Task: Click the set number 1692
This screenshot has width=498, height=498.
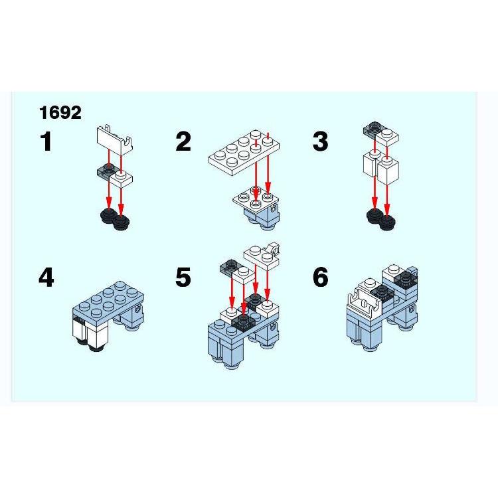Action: click(x=60, y=113)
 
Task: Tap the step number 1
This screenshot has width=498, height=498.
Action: click(x=46, y=141)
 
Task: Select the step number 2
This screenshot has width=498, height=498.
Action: click(x=183, y=141)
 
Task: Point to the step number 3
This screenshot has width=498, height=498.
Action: click(x=320, y=141)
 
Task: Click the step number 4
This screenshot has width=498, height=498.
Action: click(x=46, y=278)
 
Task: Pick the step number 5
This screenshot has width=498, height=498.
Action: click(x=183, y=278)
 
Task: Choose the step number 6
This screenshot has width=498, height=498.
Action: click(x=320, y=278)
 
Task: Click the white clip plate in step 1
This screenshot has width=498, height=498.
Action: click(x=114, y=139)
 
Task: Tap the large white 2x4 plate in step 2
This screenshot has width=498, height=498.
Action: click(x=244, y=152)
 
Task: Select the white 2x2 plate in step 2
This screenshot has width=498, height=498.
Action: click(x=256, y=199)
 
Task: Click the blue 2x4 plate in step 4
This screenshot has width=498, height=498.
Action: click(x=108, y=300)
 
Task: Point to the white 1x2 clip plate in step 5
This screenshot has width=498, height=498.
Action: click(x=262, y=256)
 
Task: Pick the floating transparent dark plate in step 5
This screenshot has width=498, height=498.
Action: click(x=230, y=267)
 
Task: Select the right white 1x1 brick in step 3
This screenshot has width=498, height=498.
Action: click(x=388, y=170)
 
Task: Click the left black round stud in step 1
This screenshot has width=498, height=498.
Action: click(x=108, y=215)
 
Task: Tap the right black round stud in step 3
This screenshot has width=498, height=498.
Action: click(x=387, y=222)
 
